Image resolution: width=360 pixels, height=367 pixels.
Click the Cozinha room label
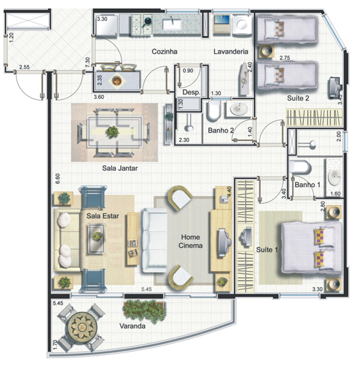(164, 51)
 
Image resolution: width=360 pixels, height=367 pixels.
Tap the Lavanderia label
(230, 51)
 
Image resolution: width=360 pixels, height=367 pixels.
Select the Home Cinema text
(190, 241)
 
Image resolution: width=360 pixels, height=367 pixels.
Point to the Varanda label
(132, 326)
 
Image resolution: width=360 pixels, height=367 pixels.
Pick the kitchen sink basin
(172, 23)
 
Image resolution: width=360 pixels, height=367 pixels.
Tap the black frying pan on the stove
(147, 22)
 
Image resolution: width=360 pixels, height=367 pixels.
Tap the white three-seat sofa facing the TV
(154, 240)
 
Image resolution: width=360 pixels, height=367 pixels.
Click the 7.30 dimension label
(88, 63)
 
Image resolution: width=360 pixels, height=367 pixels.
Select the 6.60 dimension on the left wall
(58, 179)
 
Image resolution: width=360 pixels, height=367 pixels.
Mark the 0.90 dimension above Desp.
(188, 71)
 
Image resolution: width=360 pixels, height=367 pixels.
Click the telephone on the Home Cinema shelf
(224, 200)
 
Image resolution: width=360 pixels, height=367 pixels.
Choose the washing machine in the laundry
(242, 25)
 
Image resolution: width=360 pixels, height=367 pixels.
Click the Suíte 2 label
(298, 98)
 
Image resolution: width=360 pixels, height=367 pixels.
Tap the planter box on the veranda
(144, 310)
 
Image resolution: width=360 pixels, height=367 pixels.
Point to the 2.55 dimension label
(24, 67)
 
